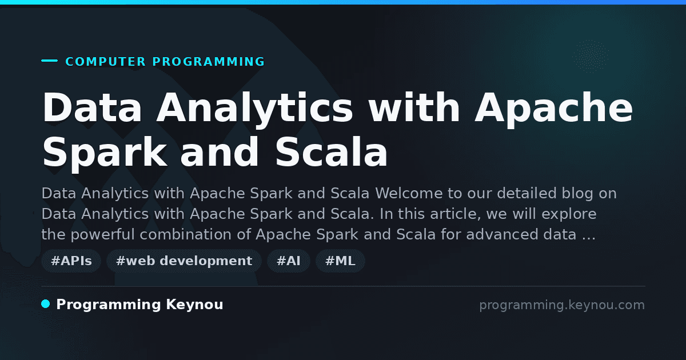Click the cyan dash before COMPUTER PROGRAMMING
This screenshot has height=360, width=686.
point(49,61)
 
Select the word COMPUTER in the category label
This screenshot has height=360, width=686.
point(106,62)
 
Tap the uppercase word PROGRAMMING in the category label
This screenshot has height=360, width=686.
point(209,62)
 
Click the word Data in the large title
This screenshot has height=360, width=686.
point(92,107)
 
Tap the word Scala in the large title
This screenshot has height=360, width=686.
point(332,151)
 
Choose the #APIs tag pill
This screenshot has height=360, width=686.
point(71,261)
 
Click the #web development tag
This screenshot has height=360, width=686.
point(184,261)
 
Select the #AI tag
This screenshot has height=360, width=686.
point(289,261)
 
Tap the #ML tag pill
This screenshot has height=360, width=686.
point(340,261)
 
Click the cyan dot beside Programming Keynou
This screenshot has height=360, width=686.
point(46,304)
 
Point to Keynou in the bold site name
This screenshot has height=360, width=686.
point(194,305)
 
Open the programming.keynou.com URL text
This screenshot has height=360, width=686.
point(562,306)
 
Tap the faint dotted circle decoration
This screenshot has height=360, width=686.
point(591,57)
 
